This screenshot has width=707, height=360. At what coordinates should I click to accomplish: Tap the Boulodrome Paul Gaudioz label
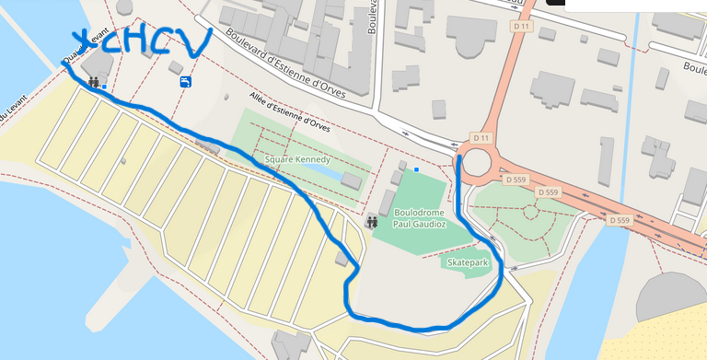click(x=420, y=217)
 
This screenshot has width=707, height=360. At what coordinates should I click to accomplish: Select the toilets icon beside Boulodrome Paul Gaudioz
click(x=372, y=221)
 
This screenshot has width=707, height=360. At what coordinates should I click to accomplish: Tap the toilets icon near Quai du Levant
click(x=94, y=83)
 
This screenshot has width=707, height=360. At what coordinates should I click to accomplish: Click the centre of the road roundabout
click(x=478, y=164)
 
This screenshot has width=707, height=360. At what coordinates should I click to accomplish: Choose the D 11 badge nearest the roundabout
click(x=480, y=138)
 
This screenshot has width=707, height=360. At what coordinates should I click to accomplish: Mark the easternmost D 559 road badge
click(x=619, y=221)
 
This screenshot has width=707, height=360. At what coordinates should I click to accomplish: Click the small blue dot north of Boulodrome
click(x=417, y=169)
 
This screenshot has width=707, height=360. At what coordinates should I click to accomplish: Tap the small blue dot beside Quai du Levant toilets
click(x=104, y=87)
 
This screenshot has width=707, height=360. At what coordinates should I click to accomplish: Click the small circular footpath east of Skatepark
click(x=530, y=211)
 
